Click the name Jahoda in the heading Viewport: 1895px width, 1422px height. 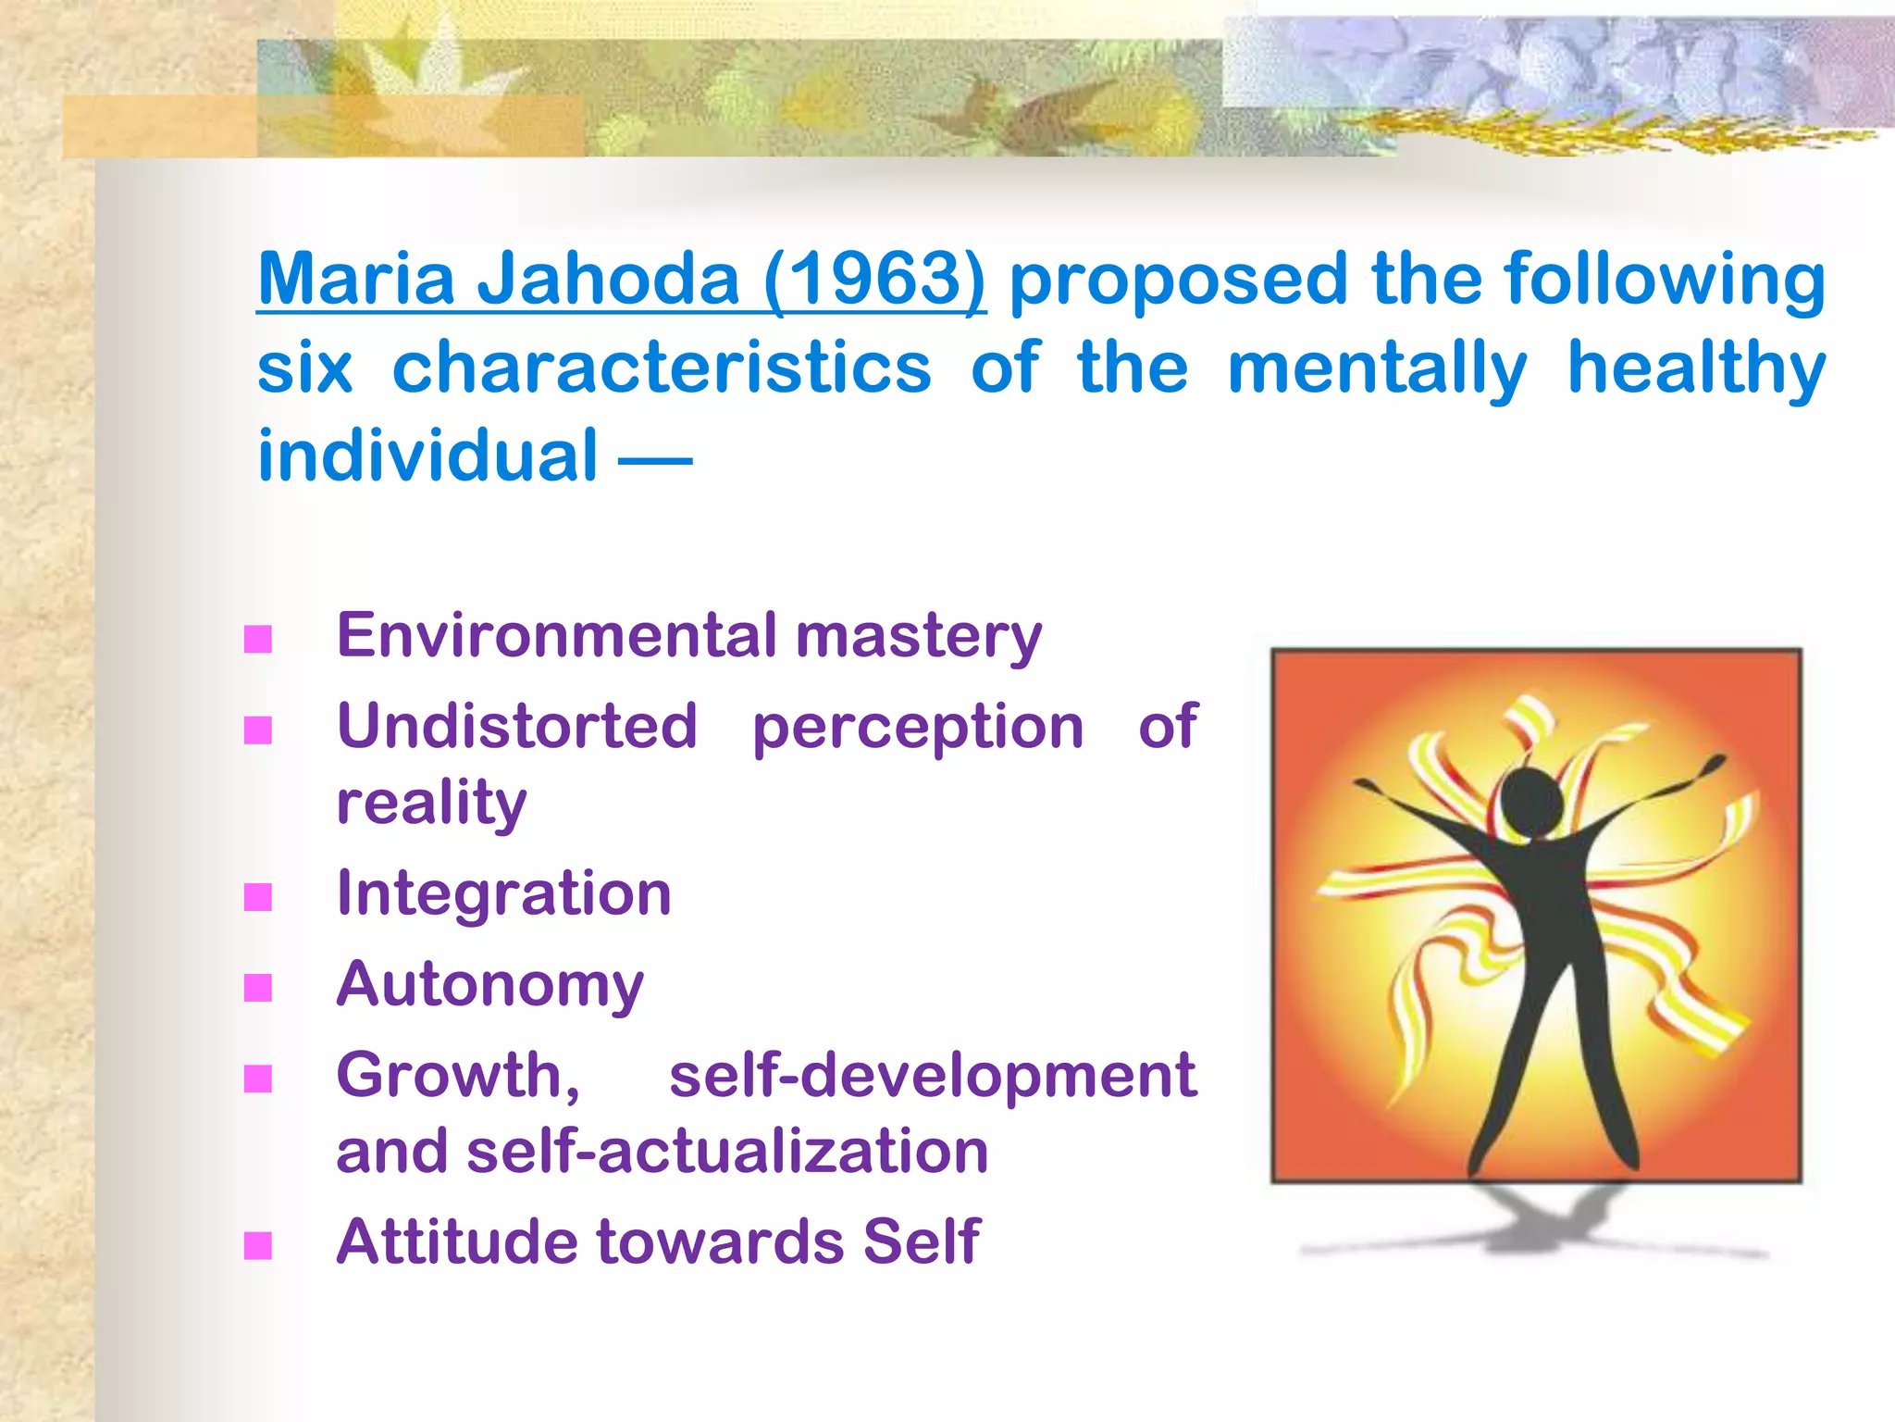tap(608, 279)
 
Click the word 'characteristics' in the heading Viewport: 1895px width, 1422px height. tap(662, 368)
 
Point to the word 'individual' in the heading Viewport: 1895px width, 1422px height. tap(427, 455)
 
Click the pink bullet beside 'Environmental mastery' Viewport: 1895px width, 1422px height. tap(258, 640)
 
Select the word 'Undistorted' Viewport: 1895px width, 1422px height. tap(516, 726)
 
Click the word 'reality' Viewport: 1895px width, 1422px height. tap(431, 802)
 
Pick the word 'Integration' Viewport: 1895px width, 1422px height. tap(503, 893)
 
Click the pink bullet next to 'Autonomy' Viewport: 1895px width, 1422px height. tap(258, 988)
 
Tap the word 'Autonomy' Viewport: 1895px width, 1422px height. tap(489, 984)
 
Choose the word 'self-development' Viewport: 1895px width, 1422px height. tap(932, 1076)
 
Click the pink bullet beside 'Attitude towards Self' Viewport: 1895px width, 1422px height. tap(258, 1246)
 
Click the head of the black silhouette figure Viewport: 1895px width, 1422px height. tap(1533, 803)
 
